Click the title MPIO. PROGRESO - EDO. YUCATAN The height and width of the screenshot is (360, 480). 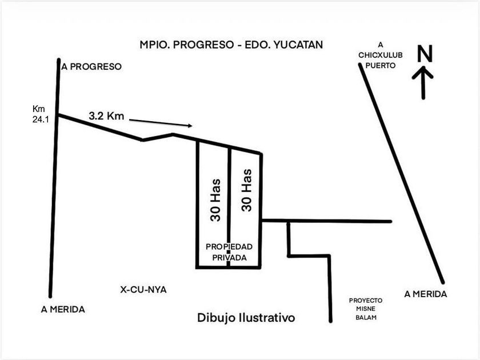click(231, 45)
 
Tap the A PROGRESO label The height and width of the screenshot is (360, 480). click(91, 66)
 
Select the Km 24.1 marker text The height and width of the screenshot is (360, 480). click(41, 114)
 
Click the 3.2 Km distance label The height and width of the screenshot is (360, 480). click(106, 115)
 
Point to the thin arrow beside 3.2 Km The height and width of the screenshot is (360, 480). click(161, 123)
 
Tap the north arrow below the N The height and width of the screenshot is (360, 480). click(423, 83)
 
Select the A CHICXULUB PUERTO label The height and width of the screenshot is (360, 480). click(381, 55)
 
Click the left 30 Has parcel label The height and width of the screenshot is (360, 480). click(215, 200)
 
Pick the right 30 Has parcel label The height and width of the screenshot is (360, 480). click(246, 190)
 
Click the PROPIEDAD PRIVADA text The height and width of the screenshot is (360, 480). click(229, 252)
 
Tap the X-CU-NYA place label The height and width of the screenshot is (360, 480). click(143, 290)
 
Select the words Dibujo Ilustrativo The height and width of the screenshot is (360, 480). click(246, 318)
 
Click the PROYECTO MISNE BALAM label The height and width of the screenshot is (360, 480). click(366, 309)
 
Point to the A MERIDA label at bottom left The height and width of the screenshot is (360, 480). click(63, 309)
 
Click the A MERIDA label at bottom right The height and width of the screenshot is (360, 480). click(426, 294)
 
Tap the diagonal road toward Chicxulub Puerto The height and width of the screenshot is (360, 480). click(402, 174)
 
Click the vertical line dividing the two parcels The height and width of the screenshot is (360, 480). click(229, 207)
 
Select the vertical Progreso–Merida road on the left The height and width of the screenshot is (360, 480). click(54, 178)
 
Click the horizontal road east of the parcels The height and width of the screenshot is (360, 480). click(327, 221)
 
